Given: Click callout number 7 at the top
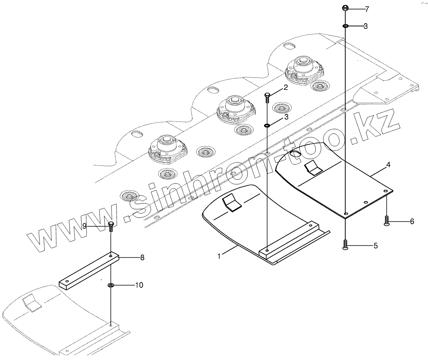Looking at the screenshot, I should point(367,8).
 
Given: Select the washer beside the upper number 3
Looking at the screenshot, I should point(345,26).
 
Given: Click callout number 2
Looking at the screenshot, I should point(285,88).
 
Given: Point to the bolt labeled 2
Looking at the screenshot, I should point(267,97).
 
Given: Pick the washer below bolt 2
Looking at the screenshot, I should point(267,126).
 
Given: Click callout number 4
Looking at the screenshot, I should point(388,164).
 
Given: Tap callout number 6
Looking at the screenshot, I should point(412,221).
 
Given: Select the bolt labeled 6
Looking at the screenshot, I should point(386,221).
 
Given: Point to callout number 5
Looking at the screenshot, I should point(375,246).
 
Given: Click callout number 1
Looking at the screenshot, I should point(219,256).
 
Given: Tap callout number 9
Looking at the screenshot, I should point(85,226).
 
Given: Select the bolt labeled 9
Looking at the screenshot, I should point(111,226).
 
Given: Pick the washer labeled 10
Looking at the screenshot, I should point(111,285).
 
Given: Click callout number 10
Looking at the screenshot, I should point(139,285).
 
